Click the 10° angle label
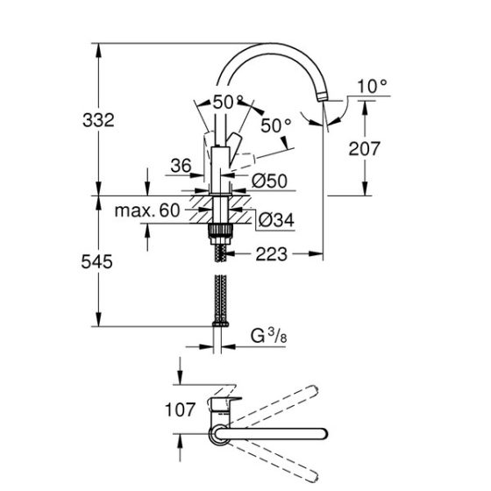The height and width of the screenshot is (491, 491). pos(373,86)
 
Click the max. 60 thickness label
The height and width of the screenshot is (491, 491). pos(146,210)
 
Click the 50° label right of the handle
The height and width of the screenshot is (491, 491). pos(275,126)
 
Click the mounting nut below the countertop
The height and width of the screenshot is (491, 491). pos(219,231)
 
